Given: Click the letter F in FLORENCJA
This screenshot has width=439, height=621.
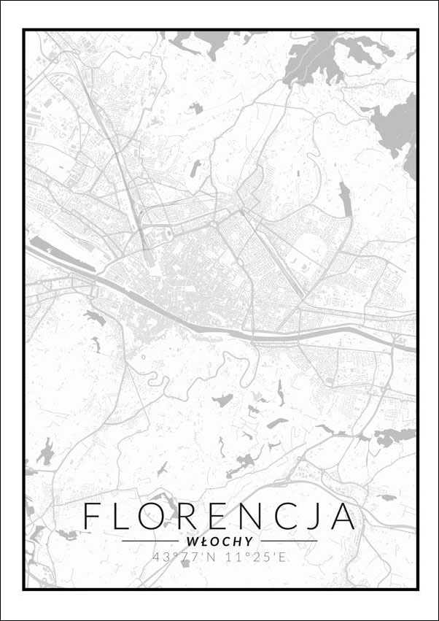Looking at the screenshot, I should (x=92, y=516).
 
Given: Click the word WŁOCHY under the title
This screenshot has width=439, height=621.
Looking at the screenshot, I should (x=219, y=541).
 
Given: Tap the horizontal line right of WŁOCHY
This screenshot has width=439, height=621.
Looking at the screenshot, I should (x=287, y=541).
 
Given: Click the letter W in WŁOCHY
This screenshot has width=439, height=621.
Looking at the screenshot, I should (x=191, y=541).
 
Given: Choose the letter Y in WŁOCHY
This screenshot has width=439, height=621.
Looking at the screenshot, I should (x=249, y=541).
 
